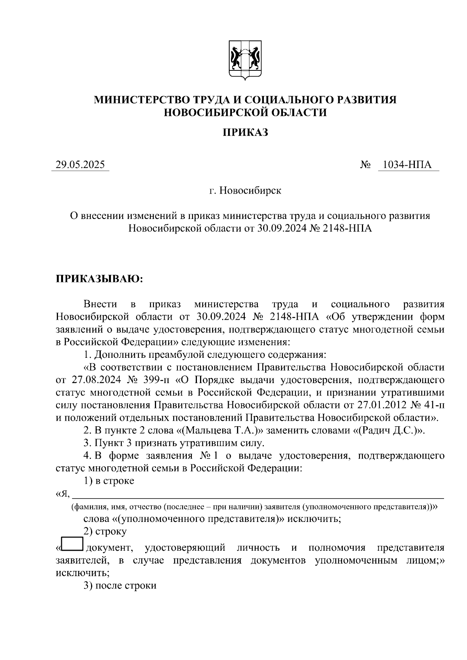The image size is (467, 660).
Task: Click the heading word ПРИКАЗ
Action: click(245, 133)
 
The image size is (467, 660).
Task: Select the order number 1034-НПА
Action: click(407, 165)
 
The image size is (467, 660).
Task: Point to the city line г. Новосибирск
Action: click(245, 191)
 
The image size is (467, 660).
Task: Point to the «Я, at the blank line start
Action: click(63, 494)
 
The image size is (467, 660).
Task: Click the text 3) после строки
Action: click(120, 586)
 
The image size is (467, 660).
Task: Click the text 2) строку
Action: click(105, 532)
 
